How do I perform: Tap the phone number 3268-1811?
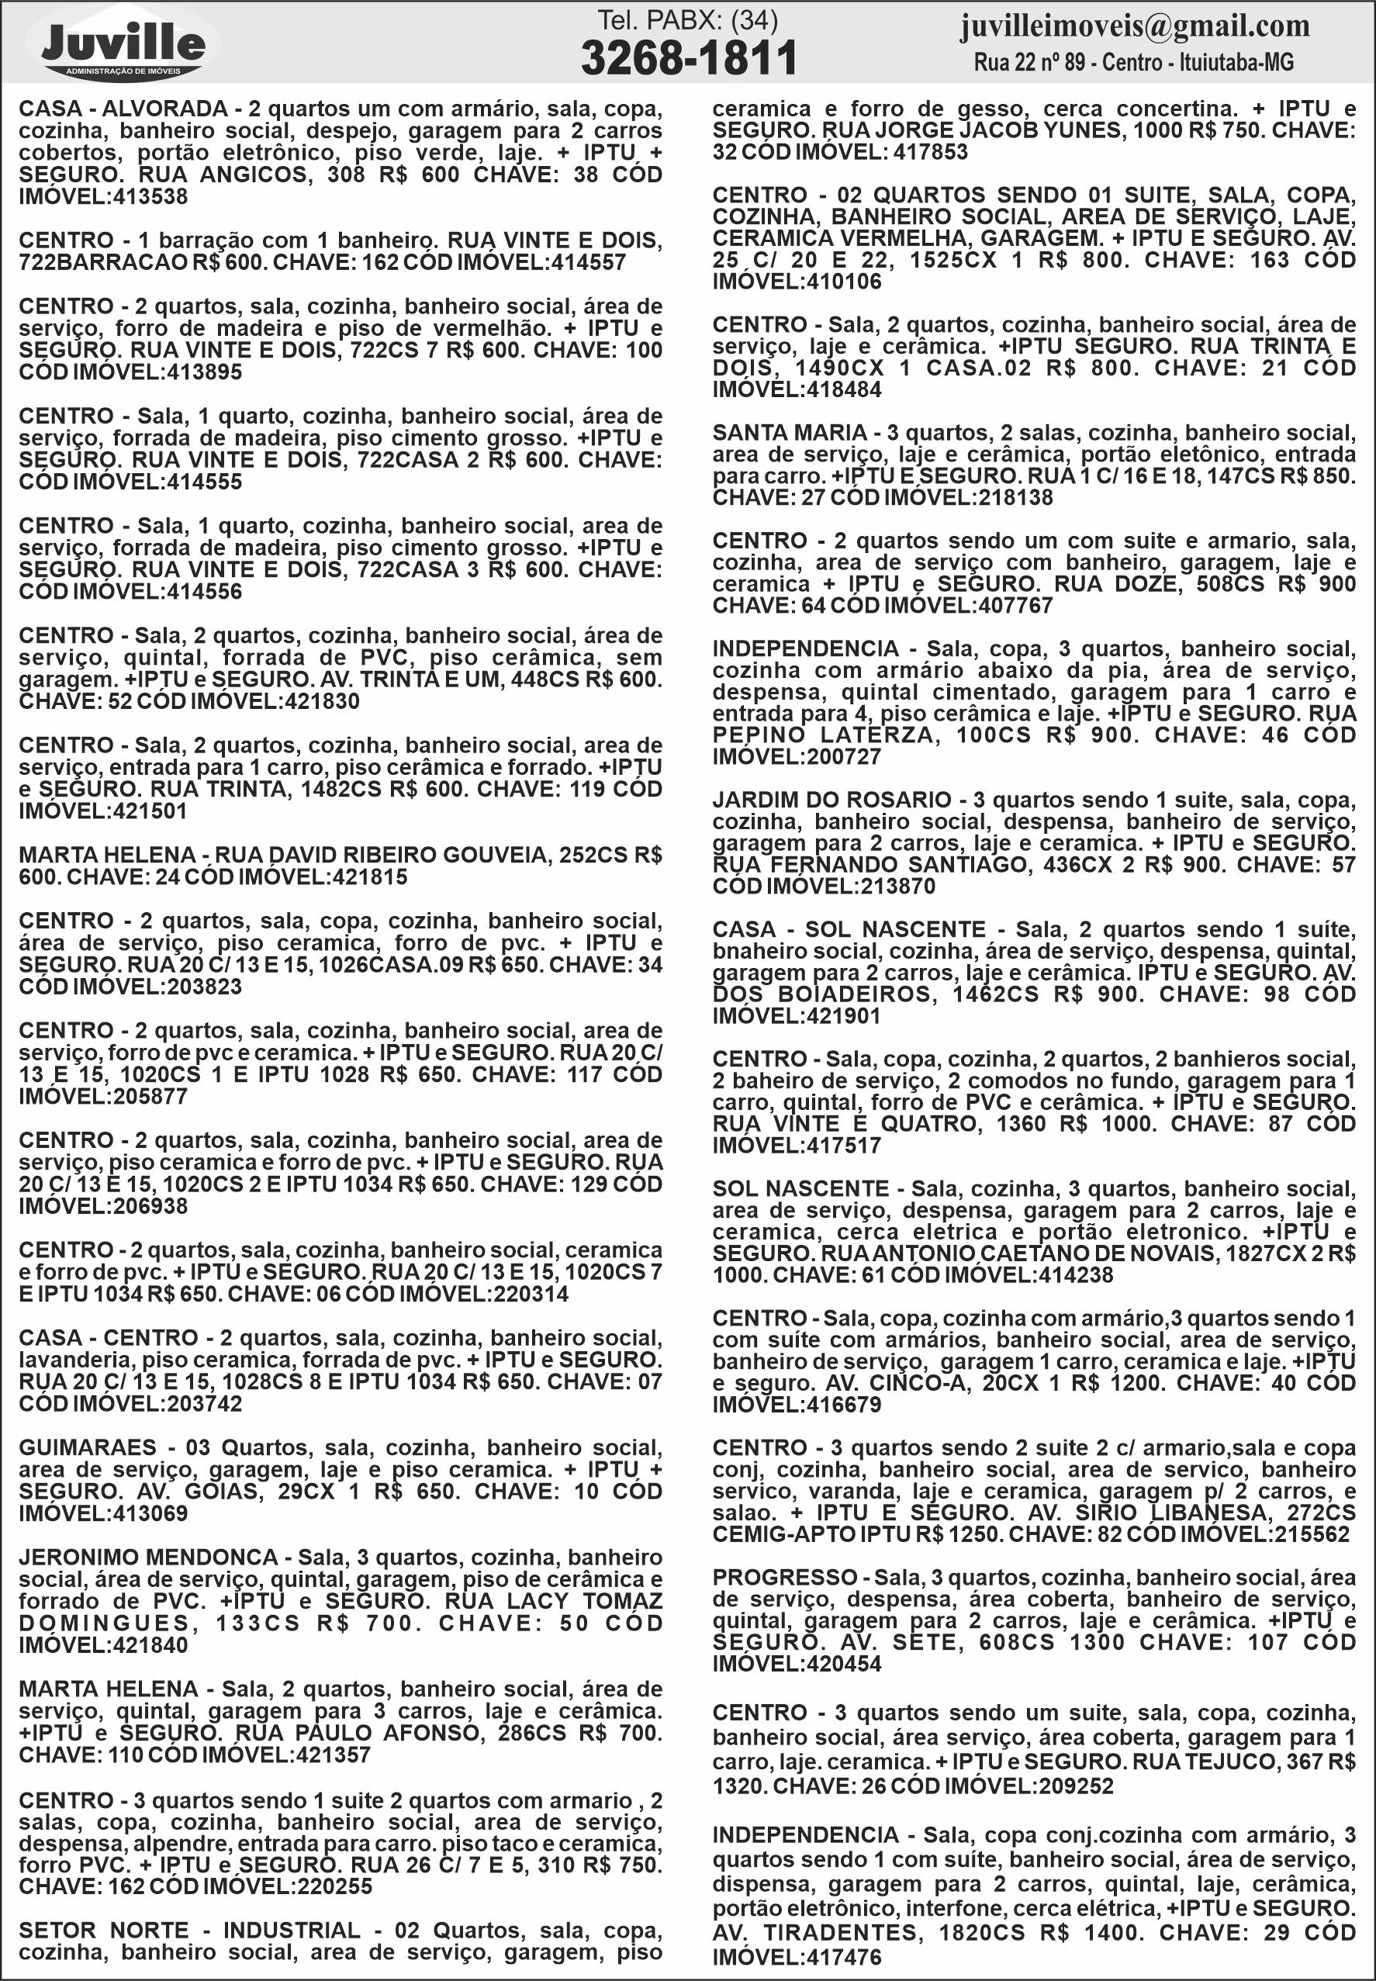[688, 59]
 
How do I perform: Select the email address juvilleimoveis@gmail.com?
[1135, 26]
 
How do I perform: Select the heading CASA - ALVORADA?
[123, 109]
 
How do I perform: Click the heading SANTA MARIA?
[789, 433]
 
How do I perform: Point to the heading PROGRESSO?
[784, 1577]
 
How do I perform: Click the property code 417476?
[843, 1958]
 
